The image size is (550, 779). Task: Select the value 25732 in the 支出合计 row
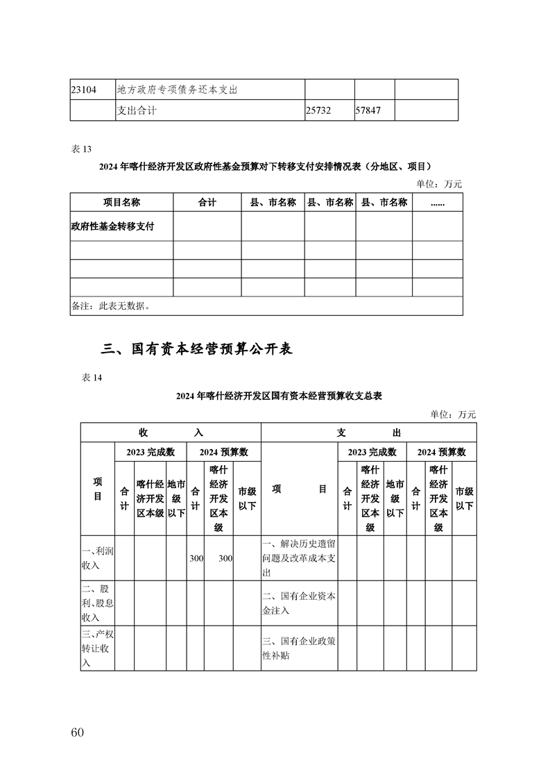[319, 110]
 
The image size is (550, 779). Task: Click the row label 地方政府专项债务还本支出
[178, 90]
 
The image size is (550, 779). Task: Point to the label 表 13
[82, 149]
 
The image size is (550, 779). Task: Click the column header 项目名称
[121, 202]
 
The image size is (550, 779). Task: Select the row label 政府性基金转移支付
[112, 226]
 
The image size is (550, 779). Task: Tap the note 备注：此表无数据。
[111, 305]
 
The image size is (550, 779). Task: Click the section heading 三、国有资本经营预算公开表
[197, 349]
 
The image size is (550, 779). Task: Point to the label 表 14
[92, 378]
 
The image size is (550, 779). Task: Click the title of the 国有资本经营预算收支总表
[280, 396]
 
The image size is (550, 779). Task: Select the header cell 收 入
[170, 433]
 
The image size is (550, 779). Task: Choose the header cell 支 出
[368, 433]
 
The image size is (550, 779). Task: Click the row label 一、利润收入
[98, 558]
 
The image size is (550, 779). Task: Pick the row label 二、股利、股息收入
[98, 602]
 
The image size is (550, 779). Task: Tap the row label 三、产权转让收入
[98, 648]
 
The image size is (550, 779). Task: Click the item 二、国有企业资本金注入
[299, 603]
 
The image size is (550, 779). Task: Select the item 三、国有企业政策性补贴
[299, 648]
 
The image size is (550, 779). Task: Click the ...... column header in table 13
[437, 202]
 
